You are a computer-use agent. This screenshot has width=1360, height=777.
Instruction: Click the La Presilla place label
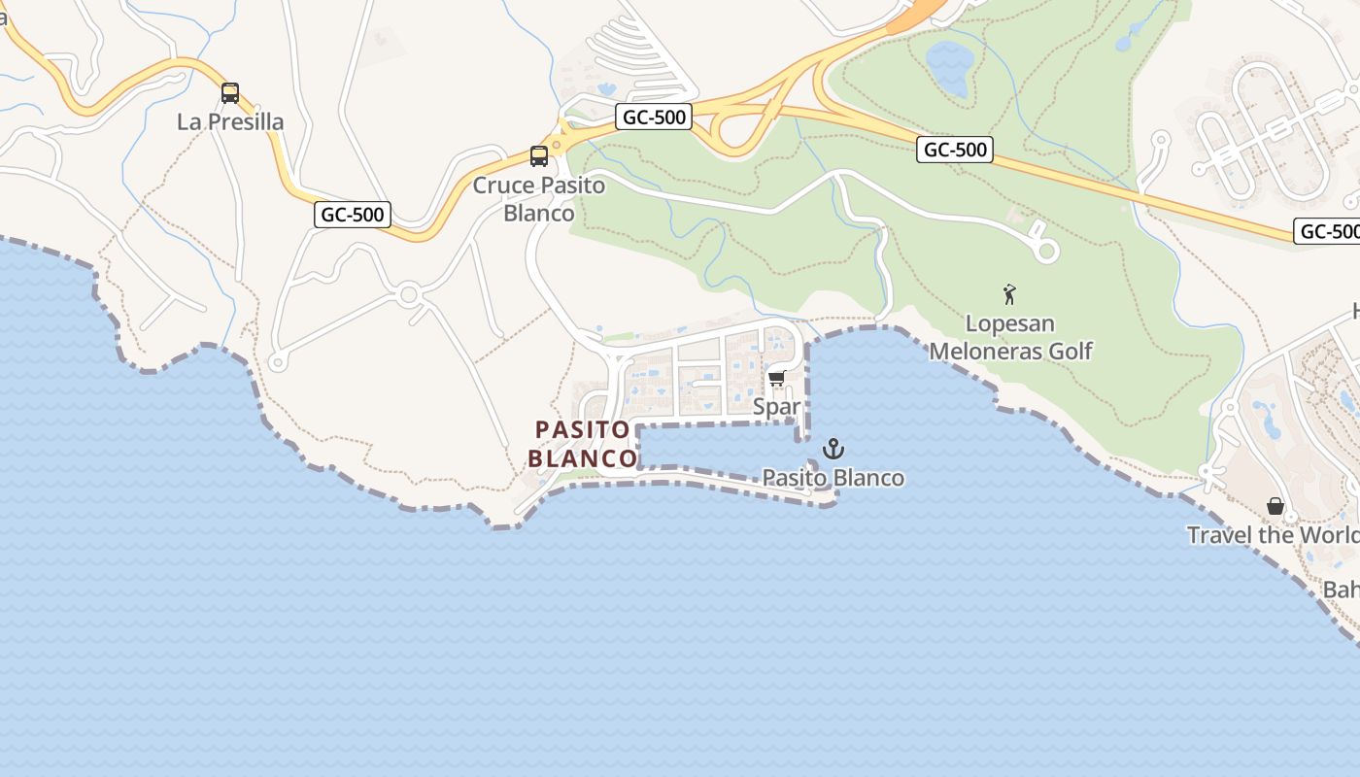230,121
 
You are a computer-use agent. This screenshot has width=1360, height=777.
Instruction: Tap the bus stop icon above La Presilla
230,93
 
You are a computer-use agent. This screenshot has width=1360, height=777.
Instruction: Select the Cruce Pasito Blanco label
538,198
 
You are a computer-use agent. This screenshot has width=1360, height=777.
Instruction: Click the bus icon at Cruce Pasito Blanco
539,156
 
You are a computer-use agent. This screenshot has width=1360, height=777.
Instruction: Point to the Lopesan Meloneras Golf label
1010,337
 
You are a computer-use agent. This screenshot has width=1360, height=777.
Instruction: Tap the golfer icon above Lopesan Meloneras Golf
1010,293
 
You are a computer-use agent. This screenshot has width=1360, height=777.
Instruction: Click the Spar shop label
777,407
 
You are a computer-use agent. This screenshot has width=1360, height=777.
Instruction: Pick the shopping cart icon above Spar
776,379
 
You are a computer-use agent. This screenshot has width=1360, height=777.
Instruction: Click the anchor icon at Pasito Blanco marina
833,449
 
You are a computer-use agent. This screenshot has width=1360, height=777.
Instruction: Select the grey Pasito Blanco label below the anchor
833,478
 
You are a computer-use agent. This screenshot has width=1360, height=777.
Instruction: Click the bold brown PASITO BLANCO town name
583,443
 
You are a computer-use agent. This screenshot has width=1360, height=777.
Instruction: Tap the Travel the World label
1273,535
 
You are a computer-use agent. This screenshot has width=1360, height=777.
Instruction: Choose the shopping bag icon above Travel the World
1275,506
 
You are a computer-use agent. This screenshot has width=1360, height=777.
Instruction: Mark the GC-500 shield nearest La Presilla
352,215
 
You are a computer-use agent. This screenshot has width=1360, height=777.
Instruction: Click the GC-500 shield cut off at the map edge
1327,231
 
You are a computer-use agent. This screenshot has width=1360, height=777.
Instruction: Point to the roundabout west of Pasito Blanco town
409,293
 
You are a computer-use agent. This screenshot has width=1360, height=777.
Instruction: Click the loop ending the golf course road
1046,251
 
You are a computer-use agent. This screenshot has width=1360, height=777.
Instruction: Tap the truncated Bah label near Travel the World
1342,590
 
